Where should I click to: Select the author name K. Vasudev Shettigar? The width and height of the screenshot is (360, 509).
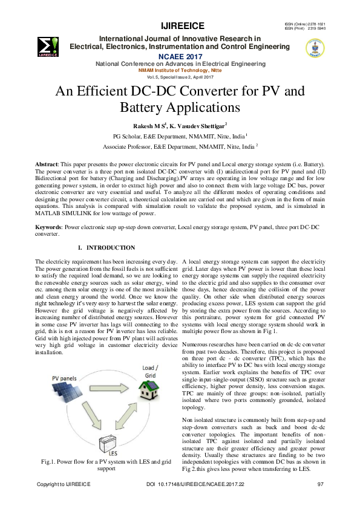[198, 125]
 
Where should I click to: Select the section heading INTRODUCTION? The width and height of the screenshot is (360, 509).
[111, 248]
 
